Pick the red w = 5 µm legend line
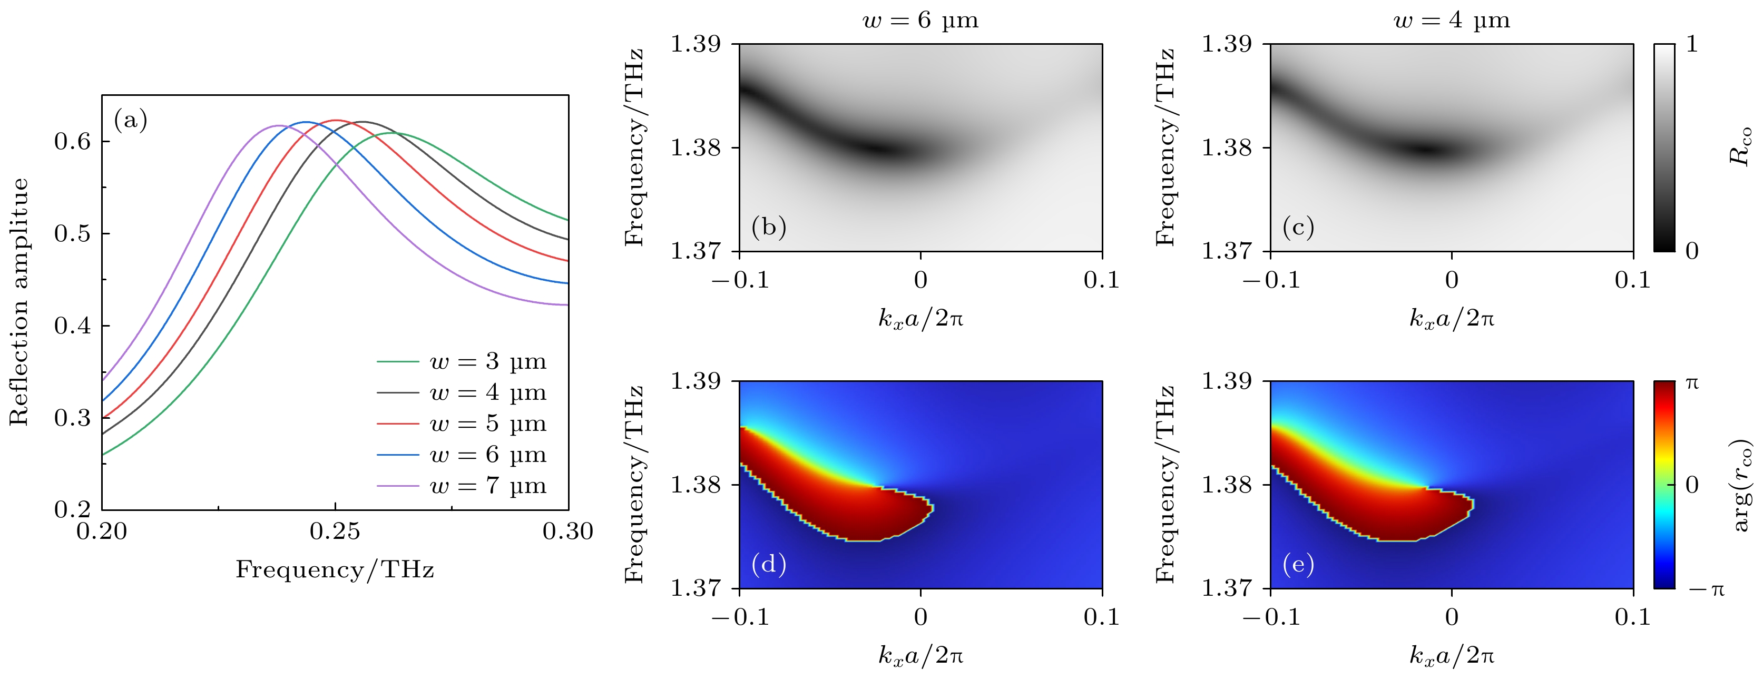[398, 424]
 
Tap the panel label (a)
[131, 121]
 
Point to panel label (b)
[769, 227]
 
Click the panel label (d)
[769, 564]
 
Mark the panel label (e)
[1298, 564]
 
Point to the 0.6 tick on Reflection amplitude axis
[73, 142]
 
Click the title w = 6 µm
[920, 21]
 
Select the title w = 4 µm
[1452, 21]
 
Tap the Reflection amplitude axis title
[19, 302]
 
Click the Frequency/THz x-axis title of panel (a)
[335, 569]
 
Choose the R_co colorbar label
[1740, 146]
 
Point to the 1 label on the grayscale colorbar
[1692, 44]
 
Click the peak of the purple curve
[279, 125]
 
